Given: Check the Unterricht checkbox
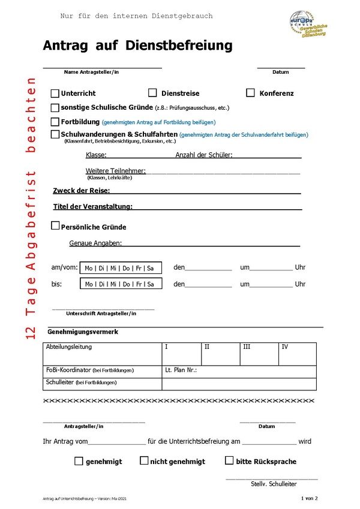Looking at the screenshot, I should (55, 94).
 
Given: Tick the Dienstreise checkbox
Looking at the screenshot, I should (152, 93).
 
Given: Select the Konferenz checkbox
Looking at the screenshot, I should (251, 93).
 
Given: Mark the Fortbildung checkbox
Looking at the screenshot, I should (55, 122).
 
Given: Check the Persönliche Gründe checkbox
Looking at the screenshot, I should (55, 227).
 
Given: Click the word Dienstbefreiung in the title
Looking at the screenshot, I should (181, 46).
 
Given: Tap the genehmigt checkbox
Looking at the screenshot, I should (79, 461).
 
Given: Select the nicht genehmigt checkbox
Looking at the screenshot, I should (144, 461).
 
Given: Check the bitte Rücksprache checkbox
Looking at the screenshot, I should (229, 461).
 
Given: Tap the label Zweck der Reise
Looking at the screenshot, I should (81, 191).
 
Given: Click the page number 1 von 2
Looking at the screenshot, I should (309, 498).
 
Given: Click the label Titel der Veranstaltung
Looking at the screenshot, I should (92, 207).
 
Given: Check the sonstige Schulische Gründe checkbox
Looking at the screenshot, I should (55, 108).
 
